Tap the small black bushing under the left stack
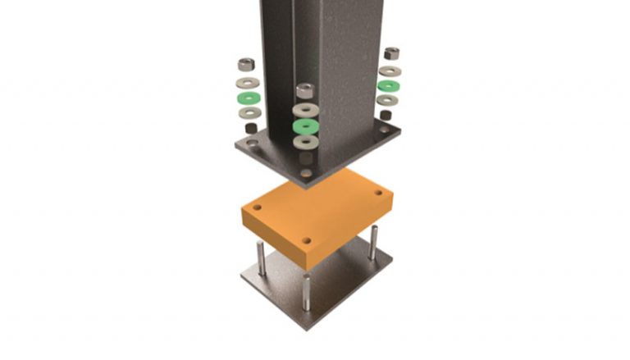point(249,128)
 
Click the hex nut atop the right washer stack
point(391,53)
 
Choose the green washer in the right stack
point(388,85)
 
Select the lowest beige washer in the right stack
point(387,100)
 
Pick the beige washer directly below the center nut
point(306,109)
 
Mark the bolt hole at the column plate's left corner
point(252,144)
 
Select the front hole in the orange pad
point(306,241)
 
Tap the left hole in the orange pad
point(257,209)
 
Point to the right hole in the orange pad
point(378,194)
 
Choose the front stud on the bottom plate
point(306,293)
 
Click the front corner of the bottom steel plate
point(306,327)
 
